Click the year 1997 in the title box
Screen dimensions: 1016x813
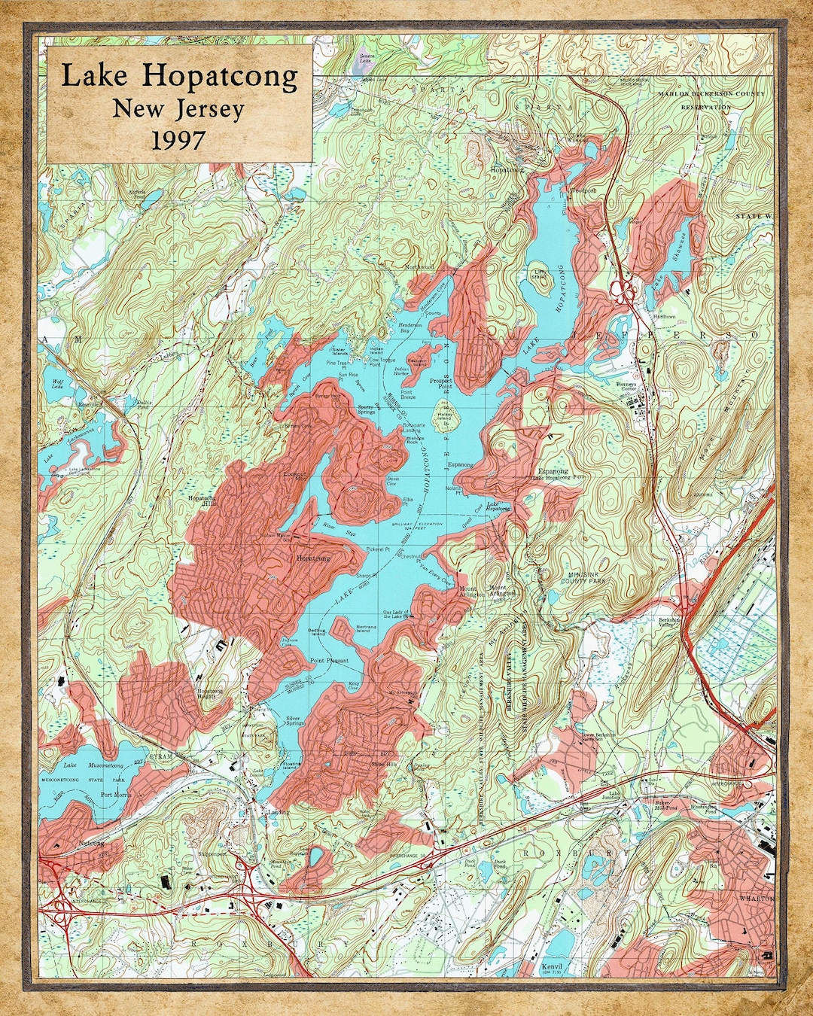pos(178,140)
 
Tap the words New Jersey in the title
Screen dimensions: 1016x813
pos(178,109)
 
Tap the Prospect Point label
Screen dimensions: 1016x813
pos(441,384)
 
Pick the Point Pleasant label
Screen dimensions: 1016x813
pos(330,660)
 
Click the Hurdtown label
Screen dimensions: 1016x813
pos(664,317)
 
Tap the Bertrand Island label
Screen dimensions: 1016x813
pos(366,628)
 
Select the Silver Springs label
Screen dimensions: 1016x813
pos(293,722)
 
